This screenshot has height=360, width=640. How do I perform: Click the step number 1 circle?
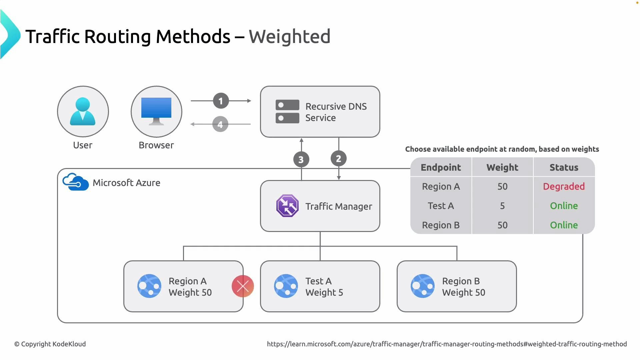click(221, 101)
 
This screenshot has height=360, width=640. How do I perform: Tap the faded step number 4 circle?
click(220, 124)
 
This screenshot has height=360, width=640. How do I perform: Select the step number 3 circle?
click(301, 160)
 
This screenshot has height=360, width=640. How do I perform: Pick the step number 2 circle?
click(338, 159)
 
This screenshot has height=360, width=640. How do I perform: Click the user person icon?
click(83, 111)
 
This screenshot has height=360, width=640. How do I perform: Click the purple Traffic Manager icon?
click(287, 206)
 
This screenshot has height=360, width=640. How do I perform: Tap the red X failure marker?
click(243, 286)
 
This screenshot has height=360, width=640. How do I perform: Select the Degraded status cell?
click(564, 186)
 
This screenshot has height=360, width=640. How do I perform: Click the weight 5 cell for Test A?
click(502, 206)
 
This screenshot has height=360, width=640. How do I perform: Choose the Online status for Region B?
click(564, 225)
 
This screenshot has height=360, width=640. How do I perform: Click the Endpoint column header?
click(441, 167)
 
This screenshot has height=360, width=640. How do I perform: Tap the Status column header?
click(564, 167)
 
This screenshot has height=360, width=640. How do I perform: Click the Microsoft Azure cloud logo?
click(76, 182)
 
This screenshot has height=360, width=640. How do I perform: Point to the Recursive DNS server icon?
click(287, 112)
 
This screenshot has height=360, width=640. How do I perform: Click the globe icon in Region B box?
click(422, 286)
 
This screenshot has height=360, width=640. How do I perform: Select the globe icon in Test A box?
click(286, 286)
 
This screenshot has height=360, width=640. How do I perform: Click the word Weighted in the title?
click(289, 36)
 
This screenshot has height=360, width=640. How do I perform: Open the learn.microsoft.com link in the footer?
click(447, 344)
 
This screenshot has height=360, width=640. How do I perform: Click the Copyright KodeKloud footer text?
click(50, 344)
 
